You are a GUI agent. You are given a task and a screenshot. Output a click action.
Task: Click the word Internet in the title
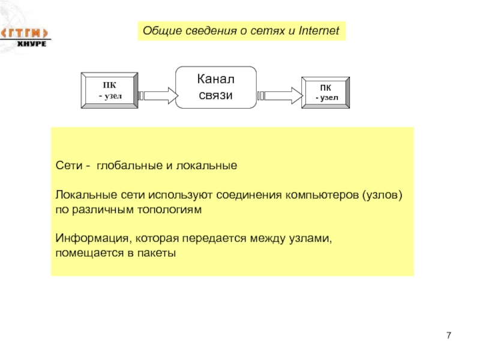319,31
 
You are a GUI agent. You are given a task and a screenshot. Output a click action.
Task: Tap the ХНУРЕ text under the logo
32,44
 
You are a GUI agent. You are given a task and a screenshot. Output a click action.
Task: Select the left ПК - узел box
109,91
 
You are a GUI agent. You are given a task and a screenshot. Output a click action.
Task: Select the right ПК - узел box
325,92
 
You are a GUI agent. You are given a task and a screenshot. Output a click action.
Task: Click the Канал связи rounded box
216,87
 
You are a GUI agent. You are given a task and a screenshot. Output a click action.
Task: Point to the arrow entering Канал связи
158,95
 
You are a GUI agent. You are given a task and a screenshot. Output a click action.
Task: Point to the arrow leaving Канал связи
280,95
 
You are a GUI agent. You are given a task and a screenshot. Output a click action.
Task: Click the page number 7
449,335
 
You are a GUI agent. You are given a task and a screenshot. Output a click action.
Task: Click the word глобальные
130,166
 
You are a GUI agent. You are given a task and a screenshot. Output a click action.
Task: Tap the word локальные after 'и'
206,166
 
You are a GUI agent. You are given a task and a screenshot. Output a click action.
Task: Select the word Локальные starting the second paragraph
86,194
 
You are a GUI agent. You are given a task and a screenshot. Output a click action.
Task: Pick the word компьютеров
322,194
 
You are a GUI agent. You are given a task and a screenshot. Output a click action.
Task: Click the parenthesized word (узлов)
382,195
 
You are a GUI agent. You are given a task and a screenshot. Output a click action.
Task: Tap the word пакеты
157,253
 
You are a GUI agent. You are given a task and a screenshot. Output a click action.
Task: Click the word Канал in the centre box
216,79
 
